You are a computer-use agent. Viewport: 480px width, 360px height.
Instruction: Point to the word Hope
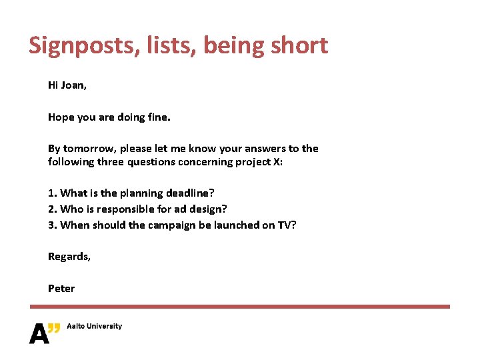61,117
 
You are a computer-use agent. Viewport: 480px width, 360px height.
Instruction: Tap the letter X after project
277,162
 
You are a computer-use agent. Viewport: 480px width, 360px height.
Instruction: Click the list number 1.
51,193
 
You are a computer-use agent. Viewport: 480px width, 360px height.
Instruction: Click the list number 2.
51,209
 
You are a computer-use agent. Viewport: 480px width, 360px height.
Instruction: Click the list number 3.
51,225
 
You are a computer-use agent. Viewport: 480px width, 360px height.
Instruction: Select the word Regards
69,257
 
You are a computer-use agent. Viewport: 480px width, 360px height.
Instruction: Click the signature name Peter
61,289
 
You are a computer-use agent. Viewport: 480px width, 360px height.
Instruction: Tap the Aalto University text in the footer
94,327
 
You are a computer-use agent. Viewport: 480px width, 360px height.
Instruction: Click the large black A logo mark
40,333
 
